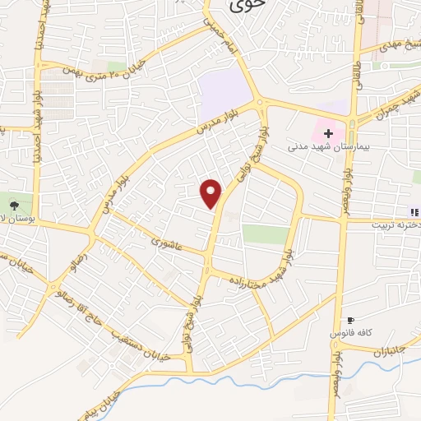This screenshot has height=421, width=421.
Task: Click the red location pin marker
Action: point(212,193)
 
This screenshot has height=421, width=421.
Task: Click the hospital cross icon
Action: point(328,132)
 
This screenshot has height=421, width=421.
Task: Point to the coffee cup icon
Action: point(351,321)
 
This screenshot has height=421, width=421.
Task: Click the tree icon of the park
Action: point(13,203)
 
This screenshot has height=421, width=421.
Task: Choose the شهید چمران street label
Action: point(402,104)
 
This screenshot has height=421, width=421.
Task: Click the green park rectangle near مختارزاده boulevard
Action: point(266,234)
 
